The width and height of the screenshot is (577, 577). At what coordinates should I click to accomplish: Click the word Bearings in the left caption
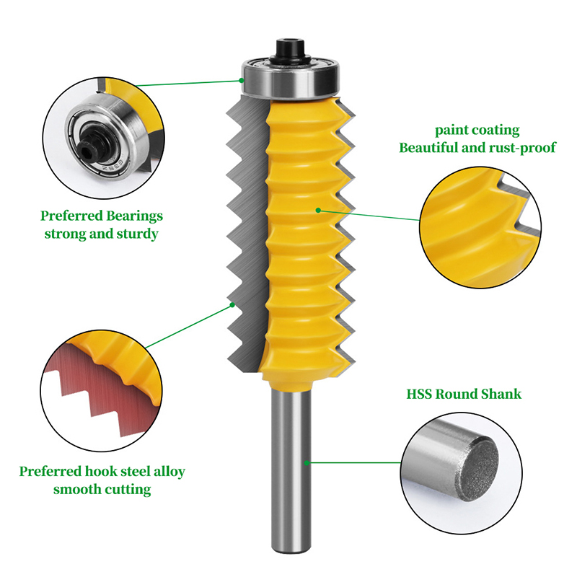134,216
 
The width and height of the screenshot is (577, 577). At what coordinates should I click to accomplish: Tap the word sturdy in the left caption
137,234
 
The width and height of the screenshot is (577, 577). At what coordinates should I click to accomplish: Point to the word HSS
419,394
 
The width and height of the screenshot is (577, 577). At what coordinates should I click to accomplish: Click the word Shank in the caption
501,394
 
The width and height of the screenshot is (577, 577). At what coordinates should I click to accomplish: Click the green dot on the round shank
307,463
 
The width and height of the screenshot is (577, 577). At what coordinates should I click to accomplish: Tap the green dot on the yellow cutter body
318,210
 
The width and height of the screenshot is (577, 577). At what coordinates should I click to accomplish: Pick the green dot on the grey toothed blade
232,304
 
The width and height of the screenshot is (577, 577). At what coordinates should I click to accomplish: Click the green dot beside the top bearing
242,80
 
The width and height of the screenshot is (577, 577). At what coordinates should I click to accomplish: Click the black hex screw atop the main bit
291,50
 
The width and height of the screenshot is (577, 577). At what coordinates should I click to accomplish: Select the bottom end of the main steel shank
290,550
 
